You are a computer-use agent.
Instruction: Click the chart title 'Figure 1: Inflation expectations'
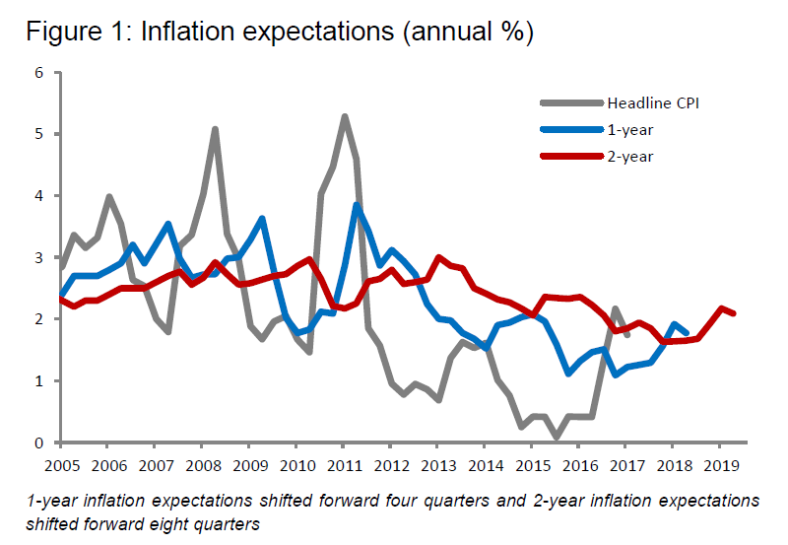point(280,32)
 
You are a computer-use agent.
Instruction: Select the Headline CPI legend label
point(653,102)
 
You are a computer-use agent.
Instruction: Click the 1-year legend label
point(629,129)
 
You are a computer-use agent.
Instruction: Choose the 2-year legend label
point(629,156)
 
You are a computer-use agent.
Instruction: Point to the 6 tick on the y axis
point(39,73)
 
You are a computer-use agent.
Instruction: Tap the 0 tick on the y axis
point(39,443)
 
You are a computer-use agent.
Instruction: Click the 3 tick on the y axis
point(39,258)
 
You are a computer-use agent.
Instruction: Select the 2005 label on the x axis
point(61,464)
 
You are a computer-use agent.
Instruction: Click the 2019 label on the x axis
point(722,464)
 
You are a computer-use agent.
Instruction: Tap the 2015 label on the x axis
point(534,464)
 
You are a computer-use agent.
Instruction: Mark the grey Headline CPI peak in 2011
point(345,116)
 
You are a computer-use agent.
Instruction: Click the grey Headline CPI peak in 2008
point(215,129)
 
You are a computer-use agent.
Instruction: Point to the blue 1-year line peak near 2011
point(357,205)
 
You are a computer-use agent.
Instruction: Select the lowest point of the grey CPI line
point(557,437)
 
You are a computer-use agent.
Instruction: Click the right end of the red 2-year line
point(734,313)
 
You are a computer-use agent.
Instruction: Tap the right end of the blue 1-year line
point(687,333)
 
